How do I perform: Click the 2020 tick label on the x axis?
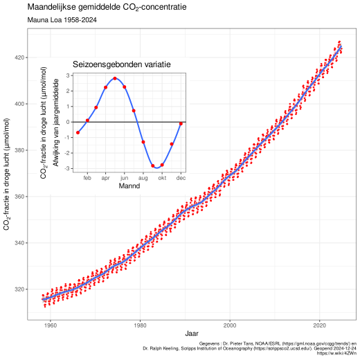click(x=319, y=325)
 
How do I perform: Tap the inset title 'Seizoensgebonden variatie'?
click(x=122, y=64)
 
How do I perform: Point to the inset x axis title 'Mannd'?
click(x=129, y=186)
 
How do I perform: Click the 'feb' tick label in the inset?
click(x=87, y=177)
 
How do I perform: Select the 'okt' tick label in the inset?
click(x=162, y=177)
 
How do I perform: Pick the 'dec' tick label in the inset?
click(x=181, y=177)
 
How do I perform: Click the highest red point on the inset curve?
click(x=115, y=78)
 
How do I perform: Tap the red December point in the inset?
click(x=181, y=124)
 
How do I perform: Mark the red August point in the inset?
click(x=143, y=142)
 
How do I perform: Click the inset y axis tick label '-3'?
click(x=68, y=168)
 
